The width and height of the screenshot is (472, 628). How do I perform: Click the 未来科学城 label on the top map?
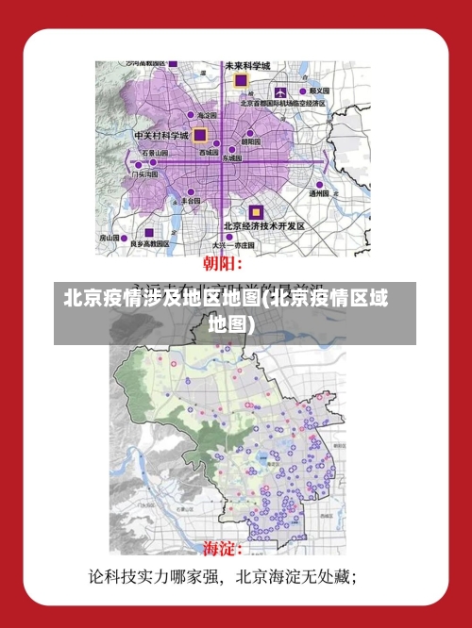(x=247, y=66)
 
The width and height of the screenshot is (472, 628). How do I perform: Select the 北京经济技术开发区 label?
(x=264, y=226)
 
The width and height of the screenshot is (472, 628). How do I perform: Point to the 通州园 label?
(x=319, y=193)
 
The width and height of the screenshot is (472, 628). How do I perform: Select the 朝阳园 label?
(x=250, y=141)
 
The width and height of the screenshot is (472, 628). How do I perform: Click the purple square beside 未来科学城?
(x=241, y=81)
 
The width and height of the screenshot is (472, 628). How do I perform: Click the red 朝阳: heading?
(x=223, y=262)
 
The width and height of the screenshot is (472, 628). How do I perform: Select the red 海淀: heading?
(x=223, y=548)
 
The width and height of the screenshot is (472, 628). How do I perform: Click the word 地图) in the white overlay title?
(x=231, y=323)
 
